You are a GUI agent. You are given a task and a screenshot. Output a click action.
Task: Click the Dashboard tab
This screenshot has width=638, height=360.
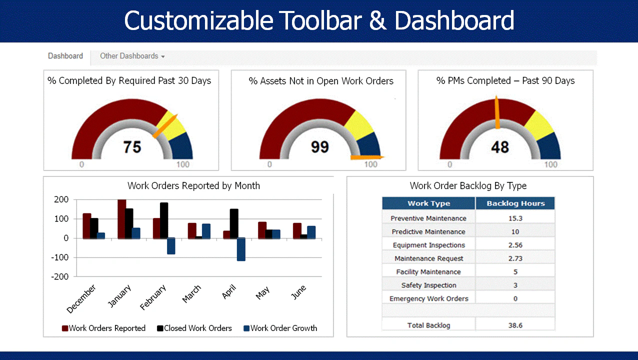tap(65, 56)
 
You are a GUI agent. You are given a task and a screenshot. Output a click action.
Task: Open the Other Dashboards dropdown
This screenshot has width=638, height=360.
tap(132, 56)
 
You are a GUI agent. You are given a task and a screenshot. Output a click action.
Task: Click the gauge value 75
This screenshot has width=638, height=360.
tap(132, 147)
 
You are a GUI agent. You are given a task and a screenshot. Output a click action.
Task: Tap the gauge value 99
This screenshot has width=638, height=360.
tap(319, 147)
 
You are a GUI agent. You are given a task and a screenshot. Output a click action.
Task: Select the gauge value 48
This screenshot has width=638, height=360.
tap(499, 147)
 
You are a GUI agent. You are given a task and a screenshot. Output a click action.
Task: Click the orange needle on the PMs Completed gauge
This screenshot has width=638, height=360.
tap(497, 112)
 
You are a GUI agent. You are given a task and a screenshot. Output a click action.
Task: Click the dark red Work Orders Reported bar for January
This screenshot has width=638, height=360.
tap(121, 219)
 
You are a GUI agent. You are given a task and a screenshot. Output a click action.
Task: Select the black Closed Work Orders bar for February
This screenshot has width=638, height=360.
tap(164, 220)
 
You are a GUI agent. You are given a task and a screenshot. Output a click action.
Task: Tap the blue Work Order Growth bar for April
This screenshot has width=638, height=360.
tap(241, 249)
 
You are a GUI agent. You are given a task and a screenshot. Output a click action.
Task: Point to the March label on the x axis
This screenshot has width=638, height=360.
tap(191, 294)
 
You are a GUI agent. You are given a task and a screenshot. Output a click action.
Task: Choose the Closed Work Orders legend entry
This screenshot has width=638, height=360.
tap(194, 328)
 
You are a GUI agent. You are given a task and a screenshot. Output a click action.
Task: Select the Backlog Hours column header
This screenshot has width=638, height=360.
tap(515, 203)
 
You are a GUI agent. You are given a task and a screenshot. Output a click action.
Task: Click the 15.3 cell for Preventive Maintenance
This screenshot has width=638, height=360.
tap(515, 218)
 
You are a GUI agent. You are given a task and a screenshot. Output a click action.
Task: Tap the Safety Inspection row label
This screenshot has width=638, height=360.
tap(428, 285)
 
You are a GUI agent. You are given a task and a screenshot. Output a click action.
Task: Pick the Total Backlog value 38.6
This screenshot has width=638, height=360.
tap(515, 325)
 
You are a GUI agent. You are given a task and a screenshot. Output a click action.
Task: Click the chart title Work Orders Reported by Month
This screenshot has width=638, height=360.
tap(193, 186)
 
